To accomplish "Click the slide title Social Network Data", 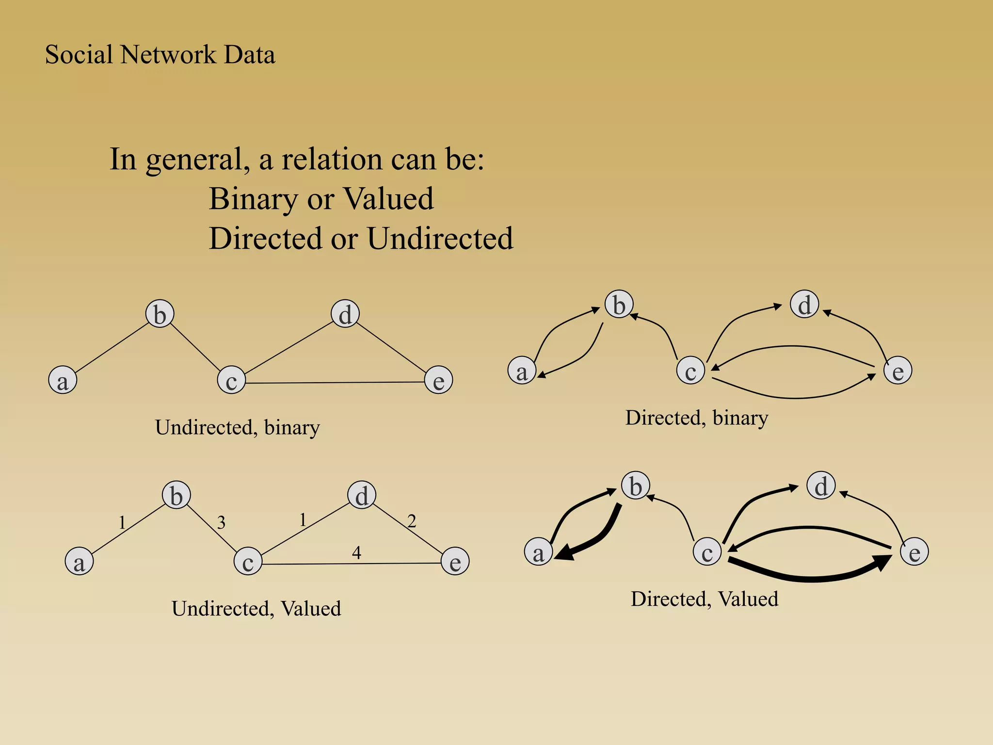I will (160, 54).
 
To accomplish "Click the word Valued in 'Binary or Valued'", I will (388, 199).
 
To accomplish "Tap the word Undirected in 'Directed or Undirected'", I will (440, 239).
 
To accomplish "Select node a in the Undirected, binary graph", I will (63, 380).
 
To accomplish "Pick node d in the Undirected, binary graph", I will (345, 314).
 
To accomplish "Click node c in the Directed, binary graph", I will (690, 371).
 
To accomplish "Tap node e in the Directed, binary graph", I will (897, 371).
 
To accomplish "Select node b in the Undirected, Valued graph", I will (176, 495).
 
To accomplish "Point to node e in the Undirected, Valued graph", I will (455, 561).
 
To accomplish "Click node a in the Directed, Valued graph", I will (538, 552).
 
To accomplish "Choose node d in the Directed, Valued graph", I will (821, 486).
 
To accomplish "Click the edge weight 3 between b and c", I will (221, 522).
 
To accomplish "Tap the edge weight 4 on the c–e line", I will (356, 552).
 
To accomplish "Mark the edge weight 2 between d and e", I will (412, 521).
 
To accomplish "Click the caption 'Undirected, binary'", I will (238, 427).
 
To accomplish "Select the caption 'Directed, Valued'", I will (704, 599).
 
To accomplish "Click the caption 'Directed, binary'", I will (697, 418).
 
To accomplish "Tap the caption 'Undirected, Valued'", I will (256, 609).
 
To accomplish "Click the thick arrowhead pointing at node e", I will (881, 563).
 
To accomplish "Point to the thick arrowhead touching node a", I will (565, 553).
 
